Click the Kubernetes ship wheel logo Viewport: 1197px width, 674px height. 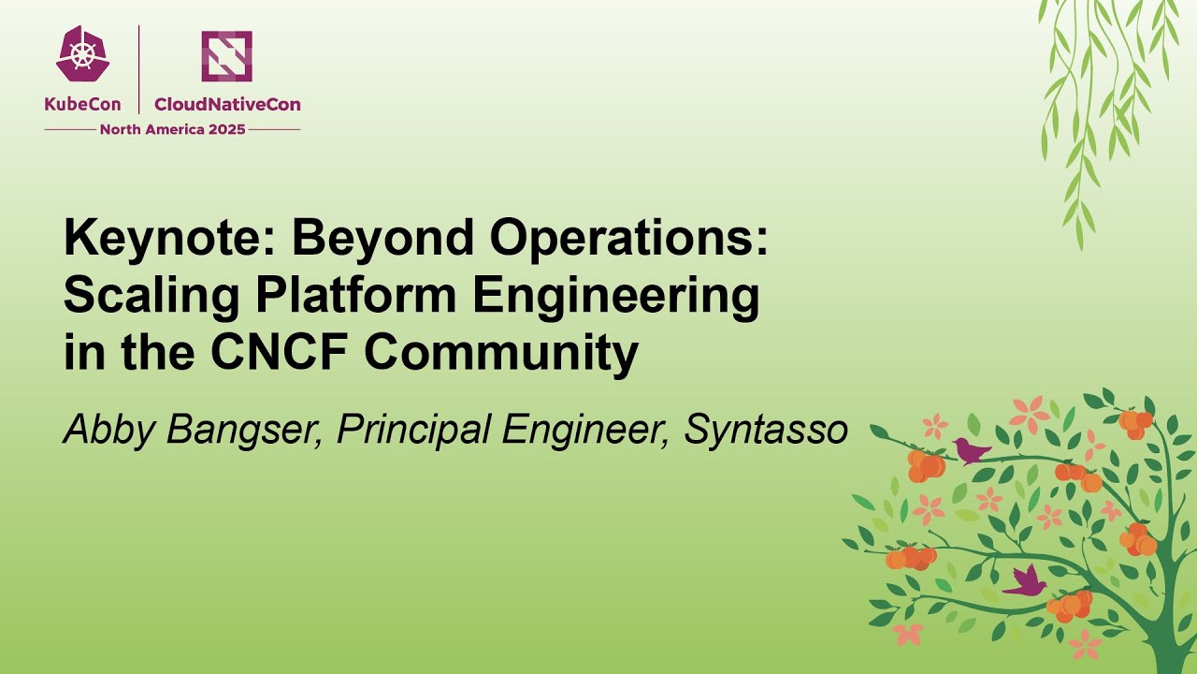pos(83,54)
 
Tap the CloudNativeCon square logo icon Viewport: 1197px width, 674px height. pos(226,56)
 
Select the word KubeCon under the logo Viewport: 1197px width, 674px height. pos(82,105)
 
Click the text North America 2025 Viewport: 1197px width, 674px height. pos(172,129)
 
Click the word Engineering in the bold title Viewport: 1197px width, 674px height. pos(616,297)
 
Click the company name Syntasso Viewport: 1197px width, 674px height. pos(766,430)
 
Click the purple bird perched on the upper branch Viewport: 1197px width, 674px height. pos(972,451)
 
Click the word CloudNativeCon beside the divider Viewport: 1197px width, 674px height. pos(227,105)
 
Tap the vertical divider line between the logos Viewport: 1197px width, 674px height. pos(139,69)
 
